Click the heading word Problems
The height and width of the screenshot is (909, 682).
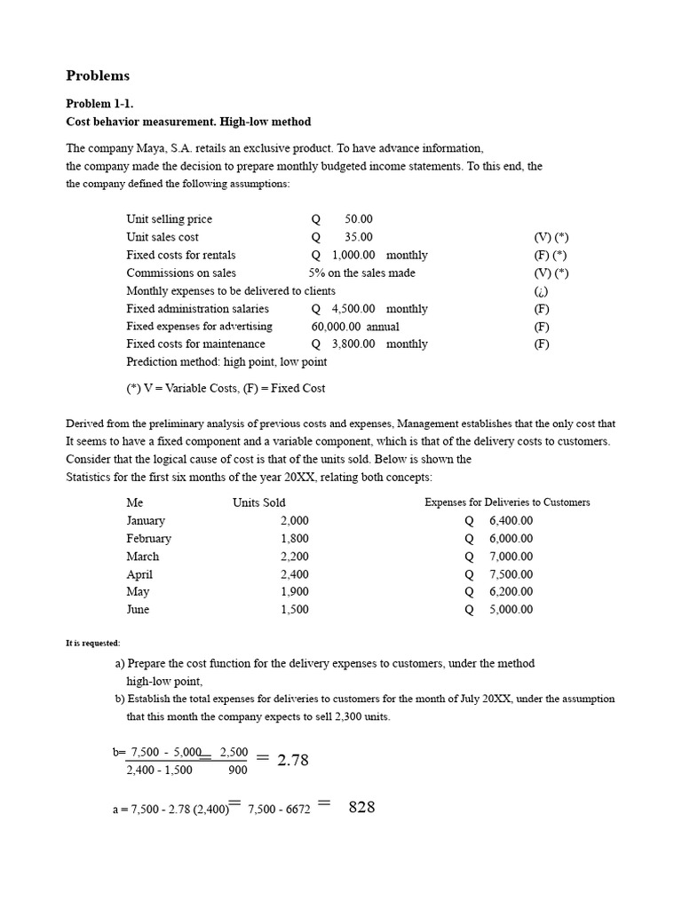coord(98,75)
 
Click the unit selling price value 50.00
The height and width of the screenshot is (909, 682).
coord(359,219)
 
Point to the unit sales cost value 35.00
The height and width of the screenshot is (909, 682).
coord(359,237)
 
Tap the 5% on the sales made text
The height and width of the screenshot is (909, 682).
coord(361,273)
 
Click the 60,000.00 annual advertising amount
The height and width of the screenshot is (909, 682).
coord(355,327)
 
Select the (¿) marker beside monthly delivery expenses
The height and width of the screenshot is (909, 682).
coord(542,291)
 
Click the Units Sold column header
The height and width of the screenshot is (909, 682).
coord(259,502)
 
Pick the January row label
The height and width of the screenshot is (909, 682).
coord(146,521)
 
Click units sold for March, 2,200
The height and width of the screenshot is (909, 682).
coord(295,557)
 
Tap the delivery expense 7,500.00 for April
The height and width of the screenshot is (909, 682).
coord(511,574)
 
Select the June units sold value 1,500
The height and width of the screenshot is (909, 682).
coord(295,610)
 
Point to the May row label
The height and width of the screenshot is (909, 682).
coord(138,592)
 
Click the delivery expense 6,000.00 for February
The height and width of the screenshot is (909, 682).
coord(511,539)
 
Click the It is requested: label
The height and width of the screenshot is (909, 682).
coord(93,644)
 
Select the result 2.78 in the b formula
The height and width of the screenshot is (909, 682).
coord(297,760)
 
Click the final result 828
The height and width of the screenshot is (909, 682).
coord(361,807)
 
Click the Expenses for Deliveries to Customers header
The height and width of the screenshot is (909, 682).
coord(507,502)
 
